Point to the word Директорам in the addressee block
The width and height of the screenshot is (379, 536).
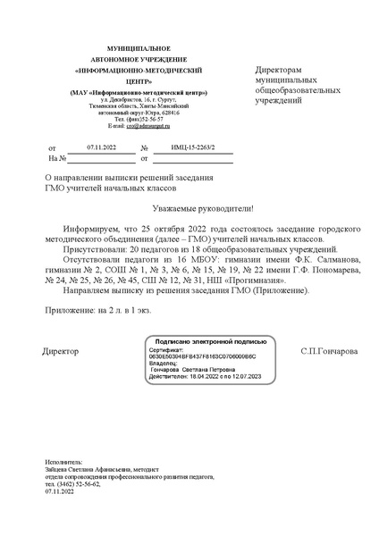click(278, 69)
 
